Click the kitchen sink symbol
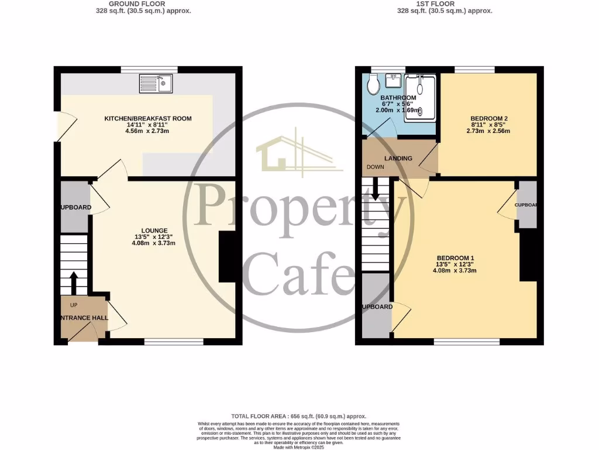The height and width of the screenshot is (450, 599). pos(156,84)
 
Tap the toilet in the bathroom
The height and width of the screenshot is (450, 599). pos(371,86)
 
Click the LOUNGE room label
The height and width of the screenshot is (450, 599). pos(154,230)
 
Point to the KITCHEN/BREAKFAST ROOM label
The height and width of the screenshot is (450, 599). pos(147,118)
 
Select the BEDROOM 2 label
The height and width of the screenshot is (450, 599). pos(488,118)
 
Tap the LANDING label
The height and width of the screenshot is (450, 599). pos(398,158)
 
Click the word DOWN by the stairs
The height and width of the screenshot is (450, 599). pos(376,167)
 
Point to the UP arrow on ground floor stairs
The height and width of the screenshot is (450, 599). pos(74,283)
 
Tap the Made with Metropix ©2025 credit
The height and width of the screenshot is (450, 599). pos(299,447)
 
